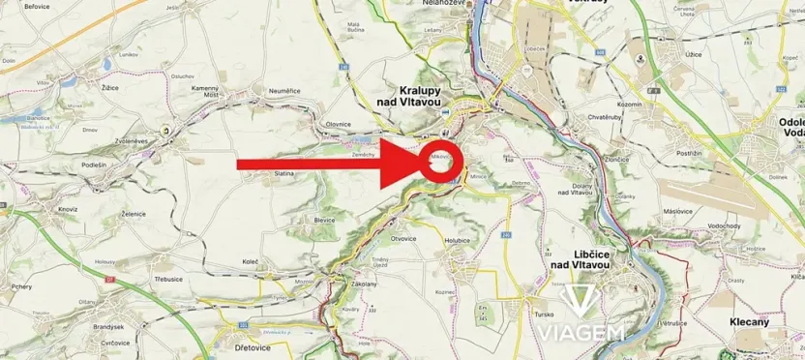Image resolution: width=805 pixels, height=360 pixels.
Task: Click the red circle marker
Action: click(441, 162)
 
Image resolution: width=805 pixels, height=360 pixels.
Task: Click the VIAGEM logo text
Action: click(581, 332)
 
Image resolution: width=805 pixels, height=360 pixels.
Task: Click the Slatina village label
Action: click(283, 173)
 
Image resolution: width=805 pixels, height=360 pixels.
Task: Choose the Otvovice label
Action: click(402, 238)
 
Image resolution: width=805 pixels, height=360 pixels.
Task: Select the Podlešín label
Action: click(95, 165)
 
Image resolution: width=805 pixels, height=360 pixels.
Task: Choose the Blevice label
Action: click(324, 219)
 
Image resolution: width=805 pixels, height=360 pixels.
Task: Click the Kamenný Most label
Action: click(206, 91)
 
